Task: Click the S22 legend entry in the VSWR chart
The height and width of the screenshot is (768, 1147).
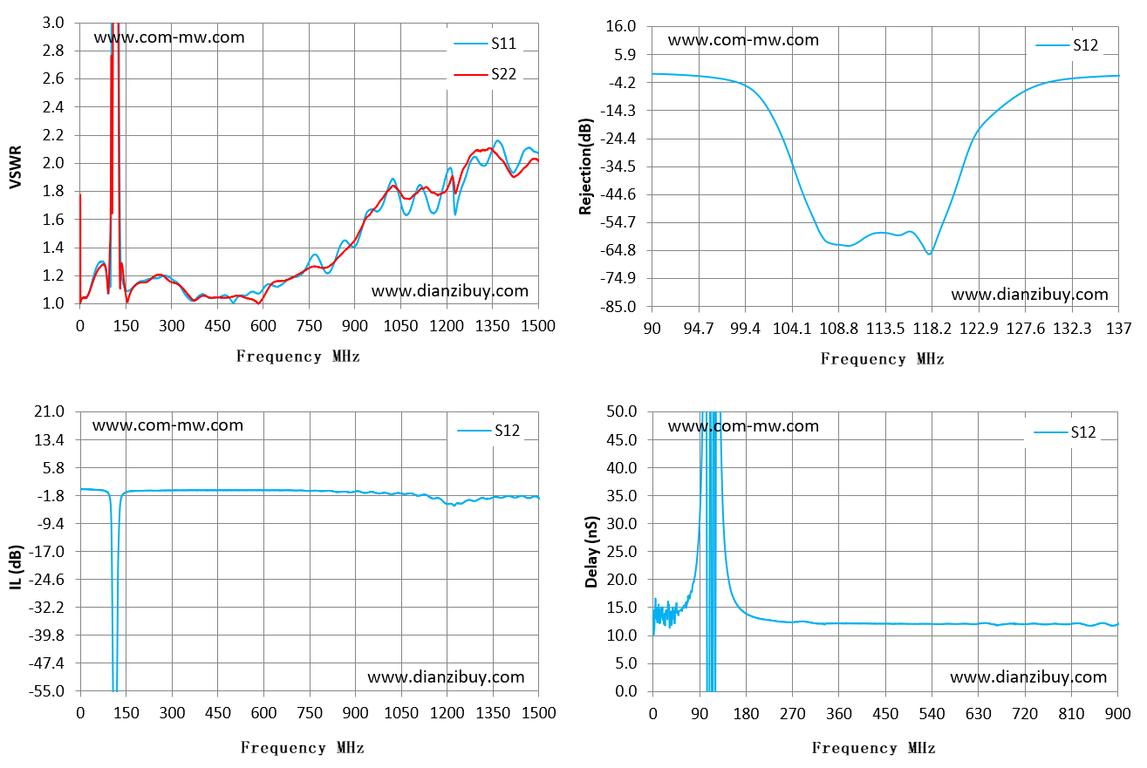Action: pyautogui.click(x=485, y=74)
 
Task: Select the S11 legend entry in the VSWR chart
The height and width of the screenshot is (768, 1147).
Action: pyautogui.click(x=485, y=44)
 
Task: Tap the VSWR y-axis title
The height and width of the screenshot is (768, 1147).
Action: pyautogui.click(x=16, y=167)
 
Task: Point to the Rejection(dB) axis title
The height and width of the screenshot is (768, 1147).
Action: pyautogui.click(x=585, y=167)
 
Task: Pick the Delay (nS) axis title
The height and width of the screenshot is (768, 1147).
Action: pyautogui.click(x=591, y=552)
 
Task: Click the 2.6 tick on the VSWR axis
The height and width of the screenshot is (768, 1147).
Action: pyautogui.click(x=53, y=78)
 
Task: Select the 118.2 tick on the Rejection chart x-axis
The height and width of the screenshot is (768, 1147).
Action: pyautogui.click(x=932, y=328)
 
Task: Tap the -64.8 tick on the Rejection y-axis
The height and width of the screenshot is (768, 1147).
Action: pyautogui.click(x=618, y=250)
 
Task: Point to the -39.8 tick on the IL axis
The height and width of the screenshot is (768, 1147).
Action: pyautogui.click(x=46, y=635)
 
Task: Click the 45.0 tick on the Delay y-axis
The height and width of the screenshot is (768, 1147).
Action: pyautogui.click(x=622, y=439)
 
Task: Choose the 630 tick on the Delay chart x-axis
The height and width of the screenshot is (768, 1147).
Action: pyautogui.click(x=978, y=713)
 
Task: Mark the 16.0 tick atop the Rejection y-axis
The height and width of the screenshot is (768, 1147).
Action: pyautogui.click(x=621, y=26)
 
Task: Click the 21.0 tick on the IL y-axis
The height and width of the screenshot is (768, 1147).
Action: pyautogui.click(x=49, y=411)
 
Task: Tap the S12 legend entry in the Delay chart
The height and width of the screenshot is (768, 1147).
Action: pyautogui.click(x=1065, y=432)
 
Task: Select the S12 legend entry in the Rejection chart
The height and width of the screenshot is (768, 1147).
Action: pyautogui.click(x=1067, y=45)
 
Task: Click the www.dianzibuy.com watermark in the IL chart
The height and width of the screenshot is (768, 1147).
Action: pyautogui.click(x=446, y=677)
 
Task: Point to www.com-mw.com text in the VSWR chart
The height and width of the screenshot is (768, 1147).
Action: pyautogui.click(x=169, y=37)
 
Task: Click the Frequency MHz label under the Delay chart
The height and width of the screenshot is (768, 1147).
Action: pyautogui.click(x=874, y=748)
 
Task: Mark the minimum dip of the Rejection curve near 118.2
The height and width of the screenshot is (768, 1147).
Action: pyautogui.click(x=930, y=254)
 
